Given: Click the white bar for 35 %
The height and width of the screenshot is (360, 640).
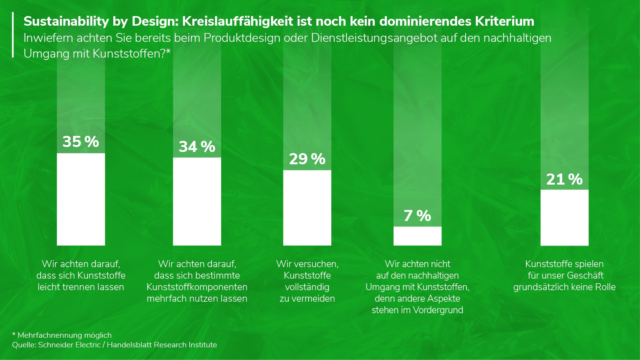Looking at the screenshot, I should point(81,199).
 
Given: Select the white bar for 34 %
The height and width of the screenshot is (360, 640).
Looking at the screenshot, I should point(197,201).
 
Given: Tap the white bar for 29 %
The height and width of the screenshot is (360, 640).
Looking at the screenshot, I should point(307,208).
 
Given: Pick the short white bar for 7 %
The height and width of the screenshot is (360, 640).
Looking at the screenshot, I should point(417,236).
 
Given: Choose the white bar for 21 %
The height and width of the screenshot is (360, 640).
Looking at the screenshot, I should point(564,217).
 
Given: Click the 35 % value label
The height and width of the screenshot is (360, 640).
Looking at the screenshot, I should point(81,142).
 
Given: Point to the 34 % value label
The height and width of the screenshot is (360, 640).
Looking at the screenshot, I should point(197,147).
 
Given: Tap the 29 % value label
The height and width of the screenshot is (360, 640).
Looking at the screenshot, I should point(307,159).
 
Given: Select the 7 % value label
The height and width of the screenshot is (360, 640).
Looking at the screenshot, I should point(417,216).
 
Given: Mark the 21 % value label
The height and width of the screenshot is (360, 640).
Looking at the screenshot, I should point(564,179).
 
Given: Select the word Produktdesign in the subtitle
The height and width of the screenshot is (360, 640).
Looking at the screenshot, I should point(242,38).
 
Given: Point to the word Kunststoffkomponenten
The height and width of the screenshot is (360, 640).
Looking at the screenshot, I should point(197,287).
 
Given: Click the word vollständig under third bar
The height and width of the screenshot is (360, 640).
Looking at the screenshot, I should point(307,287).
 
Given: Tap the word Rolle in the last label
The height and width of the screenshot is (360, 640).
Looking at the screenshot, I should point(605,287).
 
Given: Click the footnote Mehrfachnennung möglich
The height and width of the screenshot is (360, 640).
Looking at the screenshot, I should point(64,335).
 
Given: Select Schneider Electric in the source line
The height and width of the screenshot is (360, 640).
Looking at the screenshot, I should point(69,345).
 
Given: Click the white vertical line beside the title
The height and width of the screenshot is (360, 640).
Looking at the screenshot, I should point(13,35).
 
